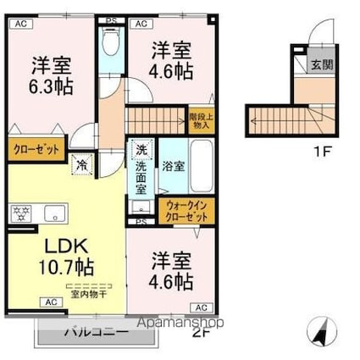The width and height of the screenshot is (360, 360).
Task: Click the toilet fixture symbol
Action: (110, 42)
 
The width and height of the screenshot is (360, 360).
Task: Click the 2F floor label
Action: (200, 332)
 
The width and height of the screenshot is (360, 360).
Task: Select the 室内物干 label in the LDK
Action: (83, 293)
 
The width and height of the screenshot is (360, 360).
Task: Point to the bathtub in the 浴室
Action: (202, 165)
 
